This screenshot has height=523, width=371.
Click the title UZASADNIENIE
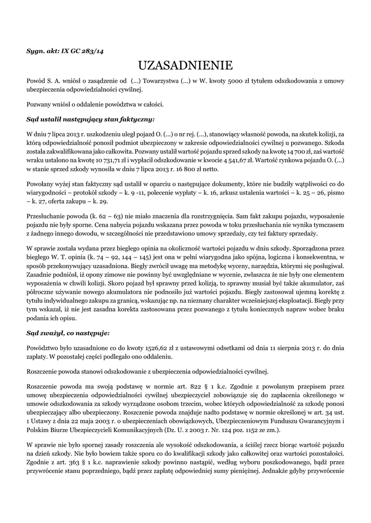click(185, 65)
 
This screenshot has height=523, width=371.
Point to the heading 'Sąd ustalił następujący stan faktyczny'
click(91, 120)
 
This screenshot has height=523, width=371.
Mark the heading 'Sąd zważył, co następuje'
click(68, 334)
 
